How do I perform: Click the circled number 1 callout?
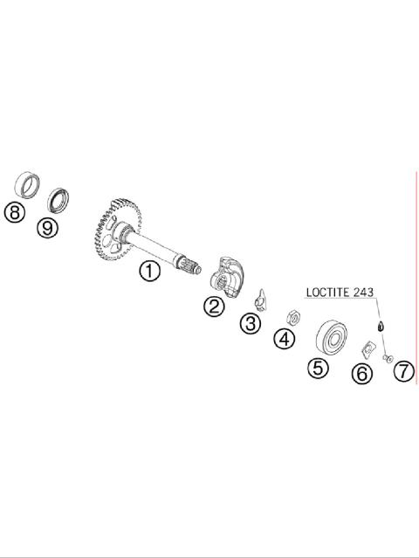[149, 271]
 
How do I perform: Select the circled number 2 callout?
[214, 306]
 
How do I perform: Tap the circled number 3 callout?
[250, 323]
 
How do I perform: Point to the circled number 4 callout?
[285, 339]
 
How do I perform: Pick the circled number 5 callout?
[318, 368]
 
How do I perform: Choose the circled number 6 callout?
[362, 374]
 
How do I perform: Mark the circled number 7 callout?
[404, 371]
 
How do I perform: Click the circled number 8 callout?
[15, 213]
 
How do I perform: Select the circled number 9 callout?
[47, 227]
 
